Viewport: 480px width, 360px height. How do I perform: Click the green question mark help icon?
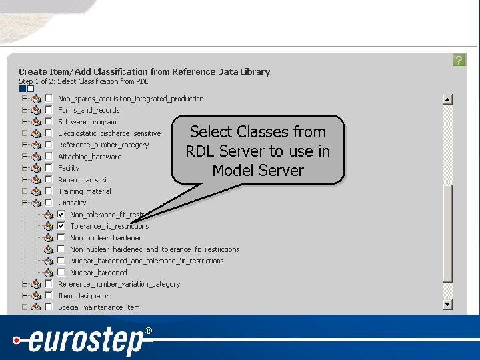(459, 60)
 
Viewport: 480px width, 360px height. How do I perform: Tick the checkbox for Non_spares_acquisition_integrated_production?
(49, 99)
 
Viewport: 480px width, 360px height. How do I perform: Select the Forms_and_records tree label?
(89, 110)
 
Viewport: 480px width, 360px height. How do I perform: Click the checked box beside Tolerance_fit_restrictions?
(61, 226)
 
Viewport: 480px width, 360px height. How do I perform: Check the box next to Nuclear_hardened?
(61, 273)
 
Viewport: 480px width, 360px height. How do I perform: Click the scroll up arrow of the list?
(447, 99)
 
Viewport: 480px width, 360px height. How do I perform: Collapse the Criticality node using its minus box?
(25, 203)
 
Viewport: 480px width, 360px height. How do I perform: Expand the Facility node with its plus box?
(25, 168)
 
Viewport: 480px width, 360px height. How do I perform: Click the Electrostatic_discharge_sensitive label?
(109, 133)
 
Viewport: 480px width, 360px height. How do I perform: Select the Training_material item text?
(85, 191)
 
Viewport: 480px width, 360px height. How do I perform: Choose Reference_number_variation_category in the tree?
(119, 284)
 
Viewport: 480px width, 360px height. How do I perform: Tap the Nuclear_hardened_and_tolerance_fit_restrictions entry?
(147, 261)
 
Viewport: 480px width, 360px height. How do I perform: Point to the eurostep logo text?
(87, 342)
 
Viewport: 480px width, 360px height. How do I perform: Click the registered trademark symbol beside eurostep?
(148, 331)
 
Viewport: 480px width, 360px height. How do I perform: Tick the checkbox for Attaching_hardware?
(49, 157)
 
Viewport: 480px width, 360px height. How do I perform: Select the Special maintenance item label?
(99, 307)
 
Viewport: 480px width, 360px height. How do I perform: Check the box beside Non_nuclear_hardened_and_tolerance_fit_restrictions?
(61, 249)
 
